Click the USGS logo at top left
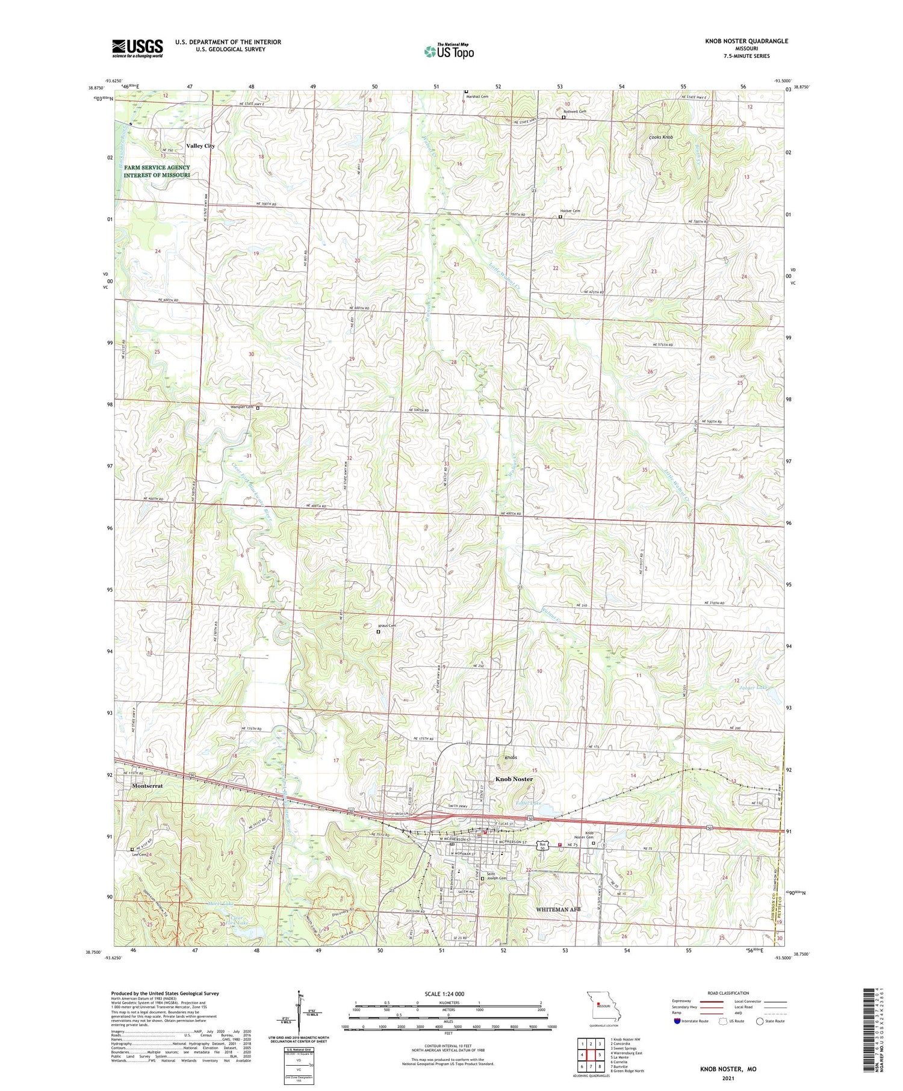(137, 48)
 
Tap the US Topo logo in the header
(449, 51)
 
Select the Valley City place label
(200, 146)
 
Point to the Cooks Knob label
(660, 137)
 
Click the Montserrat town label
(147, 786)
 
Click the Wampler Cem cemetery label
(242, 407)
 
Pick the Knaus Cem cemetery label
(386, 626)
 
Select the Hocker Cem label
(570, 211)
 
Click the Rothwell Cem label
(574, 112)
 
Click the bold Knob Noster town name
(514, 779)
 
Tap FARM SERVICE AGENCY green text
(157, 168)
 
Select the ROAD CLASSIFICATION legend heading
(728, 993)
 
